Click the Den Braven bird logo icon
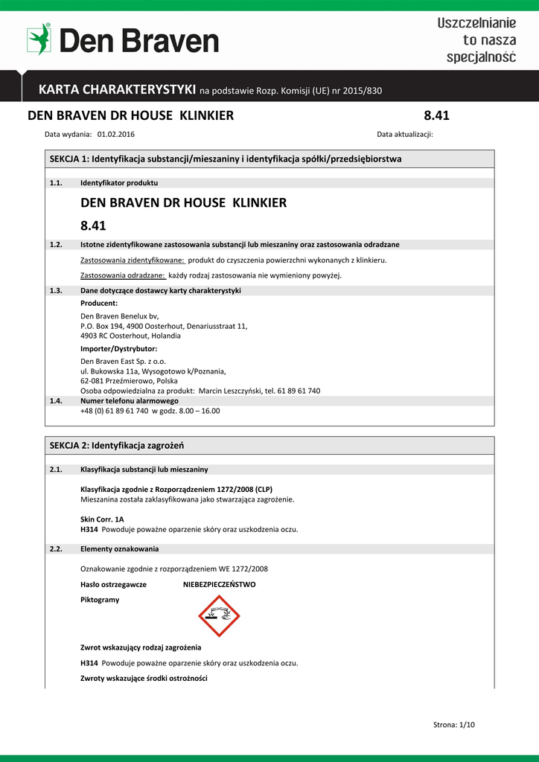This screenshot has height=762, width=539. tap(39, 39)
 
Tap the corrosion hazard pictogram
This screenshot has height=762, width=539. tap(219, 615)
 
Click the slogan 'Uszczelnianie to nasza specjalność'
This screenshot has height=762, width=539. tap(476, 40)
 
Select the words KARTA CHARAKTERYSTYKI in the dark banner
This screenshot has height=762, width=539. tap(117, 90)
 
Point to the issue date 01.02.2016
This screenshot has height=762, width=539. tap(116, 135)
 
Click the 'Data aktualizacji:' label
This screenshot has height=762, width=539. tap(405, 135)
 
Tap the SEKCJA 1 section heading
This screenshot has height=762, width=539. tap(226, 159)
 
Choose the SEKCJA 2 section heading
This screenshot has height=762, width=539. tap(117, 445)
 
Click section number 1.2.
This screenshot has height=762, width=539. tap(56, 244)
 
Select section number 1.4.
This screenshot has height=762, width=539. tap(56, 400)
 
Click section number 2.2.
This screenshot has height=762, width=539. tap(56, 549)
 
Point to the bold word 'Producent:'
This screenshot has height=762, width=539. tap(99, 303)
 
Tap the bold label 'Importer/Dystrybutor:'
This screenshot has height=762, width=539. tap(118, 348)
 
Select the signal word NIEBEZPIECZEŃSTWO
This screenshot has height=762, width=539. tap(220, 584)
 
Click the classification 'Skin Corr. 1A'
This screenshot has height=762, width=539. tap(102, 519)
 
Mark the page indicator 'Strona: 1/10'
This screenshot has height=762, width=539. tap(453, 725)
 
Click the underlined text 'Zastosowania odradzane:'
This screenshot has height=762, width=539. tap(122, 275)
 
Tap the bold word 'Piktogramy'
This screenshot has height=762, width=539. tap(100, 600)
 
